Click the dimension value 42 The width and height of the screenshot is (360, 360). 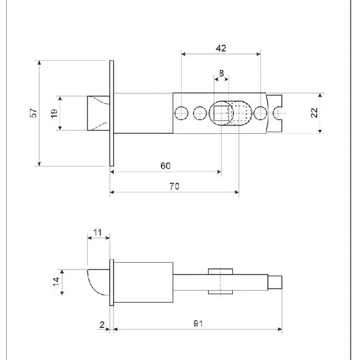click(x=221, y=48)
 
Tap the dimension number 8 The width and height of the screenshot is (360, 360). click(x=221, y=73)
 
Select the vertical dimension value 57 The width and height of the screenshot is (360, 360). click(x=34, y=112)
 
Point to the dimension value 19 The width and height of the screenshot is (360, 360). click(x=54, y=113)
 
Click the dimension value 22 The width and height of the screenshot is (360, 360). click(x=314, y=112)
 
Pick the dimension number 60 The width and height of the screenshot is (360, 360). click(x=165, y=166)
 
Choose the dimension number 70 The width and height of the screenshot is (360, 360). click(x=174, y=186)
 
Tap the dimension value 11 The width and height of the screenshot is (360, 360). click(x=97, y=232)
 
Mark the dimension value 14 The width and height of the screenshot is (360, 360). click(x=56, y=282)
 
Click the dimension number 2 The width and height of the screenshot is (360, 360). click(x=102, y=325)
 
